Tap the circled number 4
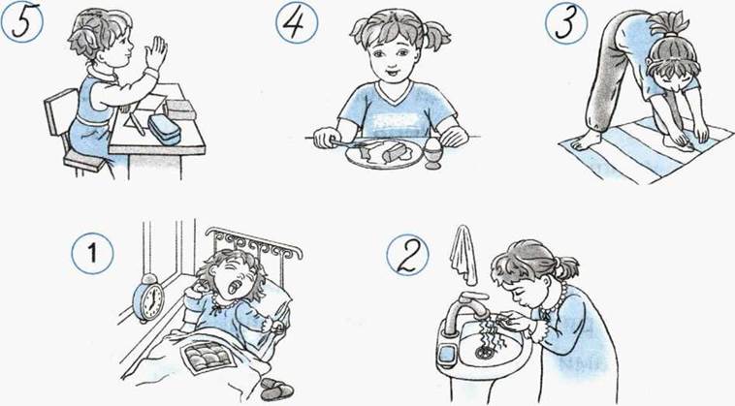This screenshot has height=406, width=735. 297,22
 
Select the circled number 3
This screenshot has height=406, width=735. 566,23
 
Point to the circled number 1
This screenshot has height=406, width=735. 92,253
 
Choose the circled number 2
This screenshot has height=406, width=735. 407,256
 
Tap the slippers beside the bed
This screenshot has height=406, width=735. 277,390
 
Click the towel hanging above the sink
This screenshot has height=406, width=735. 463,255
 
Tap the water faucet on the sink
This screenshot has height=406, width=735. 462,310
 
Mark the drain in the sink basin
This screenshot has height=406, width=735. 483,352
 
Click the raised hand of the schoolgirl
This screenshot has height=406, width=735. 155,53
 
